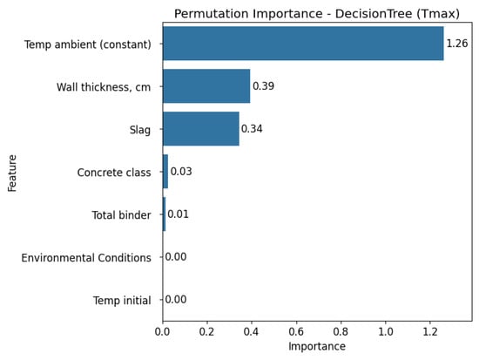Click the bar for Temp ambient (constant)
303,44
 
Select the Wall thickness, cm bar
206,86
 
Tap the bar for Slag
201,129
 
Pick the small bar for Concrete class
165,172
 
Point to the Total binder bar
165,214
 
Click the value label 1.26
457,44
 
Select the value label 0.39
263,86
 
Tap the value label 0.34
252,129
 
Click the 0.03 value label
181,172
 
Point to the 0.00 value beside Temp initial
176,300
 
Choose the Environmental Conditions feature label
86,258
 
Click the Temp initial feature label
122,301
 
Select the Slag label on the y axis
140,130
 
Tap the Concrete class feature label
114,173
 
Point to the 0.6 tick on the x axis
296,331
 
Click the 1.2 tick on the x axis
430,331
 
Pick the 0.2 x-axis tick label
206,331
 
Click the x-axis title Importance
317,347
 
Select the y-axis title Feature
12,173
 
